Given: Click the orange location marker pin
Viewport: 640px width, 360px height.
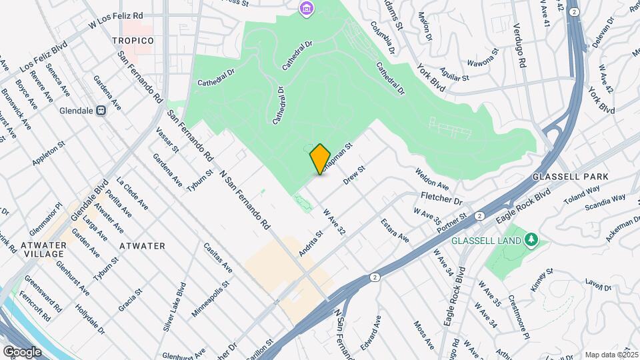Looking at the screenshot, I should (x=320, y=159).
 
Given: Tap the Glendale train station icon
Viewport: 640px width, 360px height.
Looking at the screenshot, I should (x=101, y=111).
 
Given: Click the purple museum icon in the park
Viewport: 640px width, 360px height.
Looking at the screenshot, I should (x=306, y=9).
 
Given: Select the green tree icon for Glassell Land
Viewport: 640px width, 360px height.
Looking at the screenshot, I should (x=531, y=239).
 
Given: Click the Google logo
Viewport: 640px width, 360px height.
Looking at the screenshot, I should (x=22, y=351).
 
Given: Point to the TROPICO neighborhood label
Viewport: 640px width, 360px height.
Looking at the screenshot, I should (x=133, y=41).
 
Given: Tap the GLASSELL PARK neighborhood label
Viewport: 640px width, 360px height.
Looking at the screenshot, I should (x=571, y=177).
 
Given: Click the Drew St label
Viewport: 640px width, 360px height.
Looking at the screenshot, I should (x=355, y=175).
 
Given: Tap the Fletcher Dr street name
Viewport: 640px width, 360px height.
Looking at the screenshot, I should (x=441, y=199).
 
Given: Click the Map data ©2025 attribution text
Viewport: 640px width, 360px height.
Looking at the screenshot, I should (x=611, y=354).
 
